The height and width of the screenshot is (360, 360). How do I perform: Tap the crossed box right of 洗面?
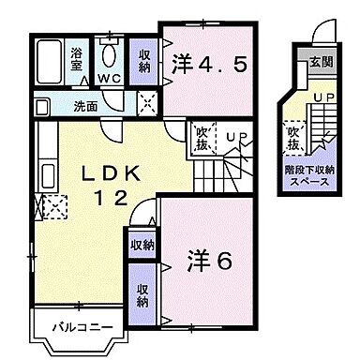[145, 103]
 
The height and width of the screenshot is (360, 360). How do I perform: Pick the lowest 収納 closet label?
[142, 294]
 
